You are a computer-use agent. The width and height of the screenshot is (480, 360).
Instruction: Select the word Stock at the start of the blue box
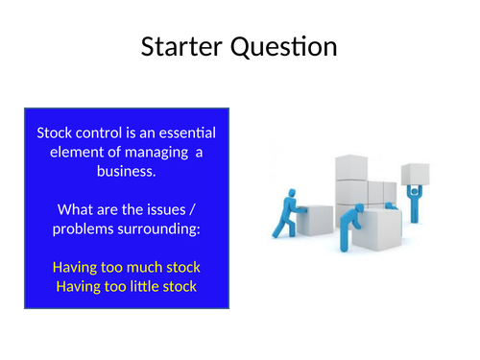point(55,133)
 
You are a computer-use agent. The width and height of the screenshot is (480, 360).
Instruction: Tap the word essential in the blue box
point(192,133)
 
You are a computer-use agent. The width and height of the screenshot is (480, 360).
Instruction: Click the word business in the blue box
point(127,171)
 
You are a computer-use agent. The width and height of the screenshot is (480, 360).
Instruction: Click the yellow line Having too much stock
point(127,267)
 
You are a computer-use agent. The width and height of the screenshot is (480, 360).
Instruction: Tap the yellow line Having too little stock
point(127,285)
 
